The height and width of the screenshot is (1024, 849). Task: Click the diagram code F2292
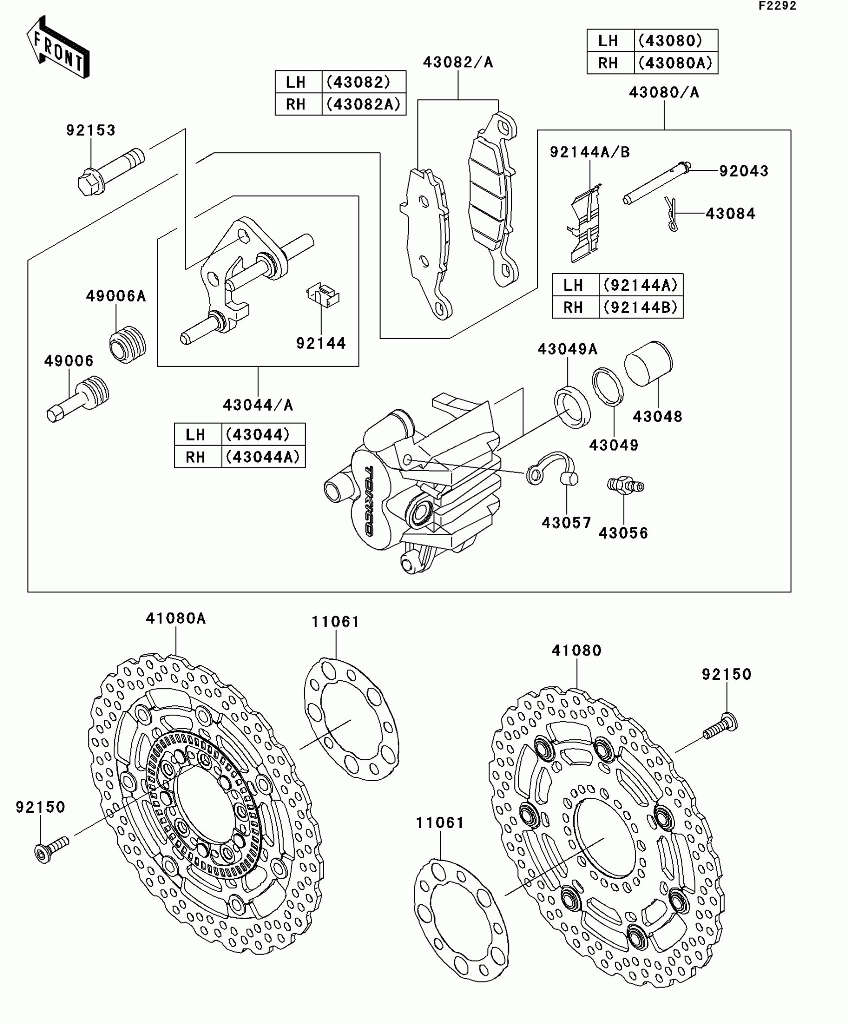777,6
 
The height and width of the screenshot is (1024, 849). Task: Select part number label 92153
91,130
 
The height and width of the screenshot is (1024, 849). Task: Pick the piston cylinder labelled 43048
649,363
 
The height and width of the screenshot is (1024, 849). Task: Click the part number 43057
566,523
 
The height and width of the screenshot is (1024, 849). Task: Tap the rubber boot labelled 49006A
127,345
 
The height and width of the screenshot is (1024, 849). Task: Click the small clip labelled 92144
323,295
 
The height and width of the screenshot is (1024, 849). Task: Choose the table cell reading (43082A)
363,104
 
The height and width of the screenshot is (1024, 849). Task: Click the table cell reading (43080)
676,41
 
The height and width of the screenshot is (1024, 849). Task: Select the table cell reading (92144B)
641,307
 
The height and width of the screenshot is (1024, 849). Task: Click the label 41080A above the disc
176,618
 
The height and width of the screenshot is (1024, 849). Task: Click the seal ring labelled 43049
608,387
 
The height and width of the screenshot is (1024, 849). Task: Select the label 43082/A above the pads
458,62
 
